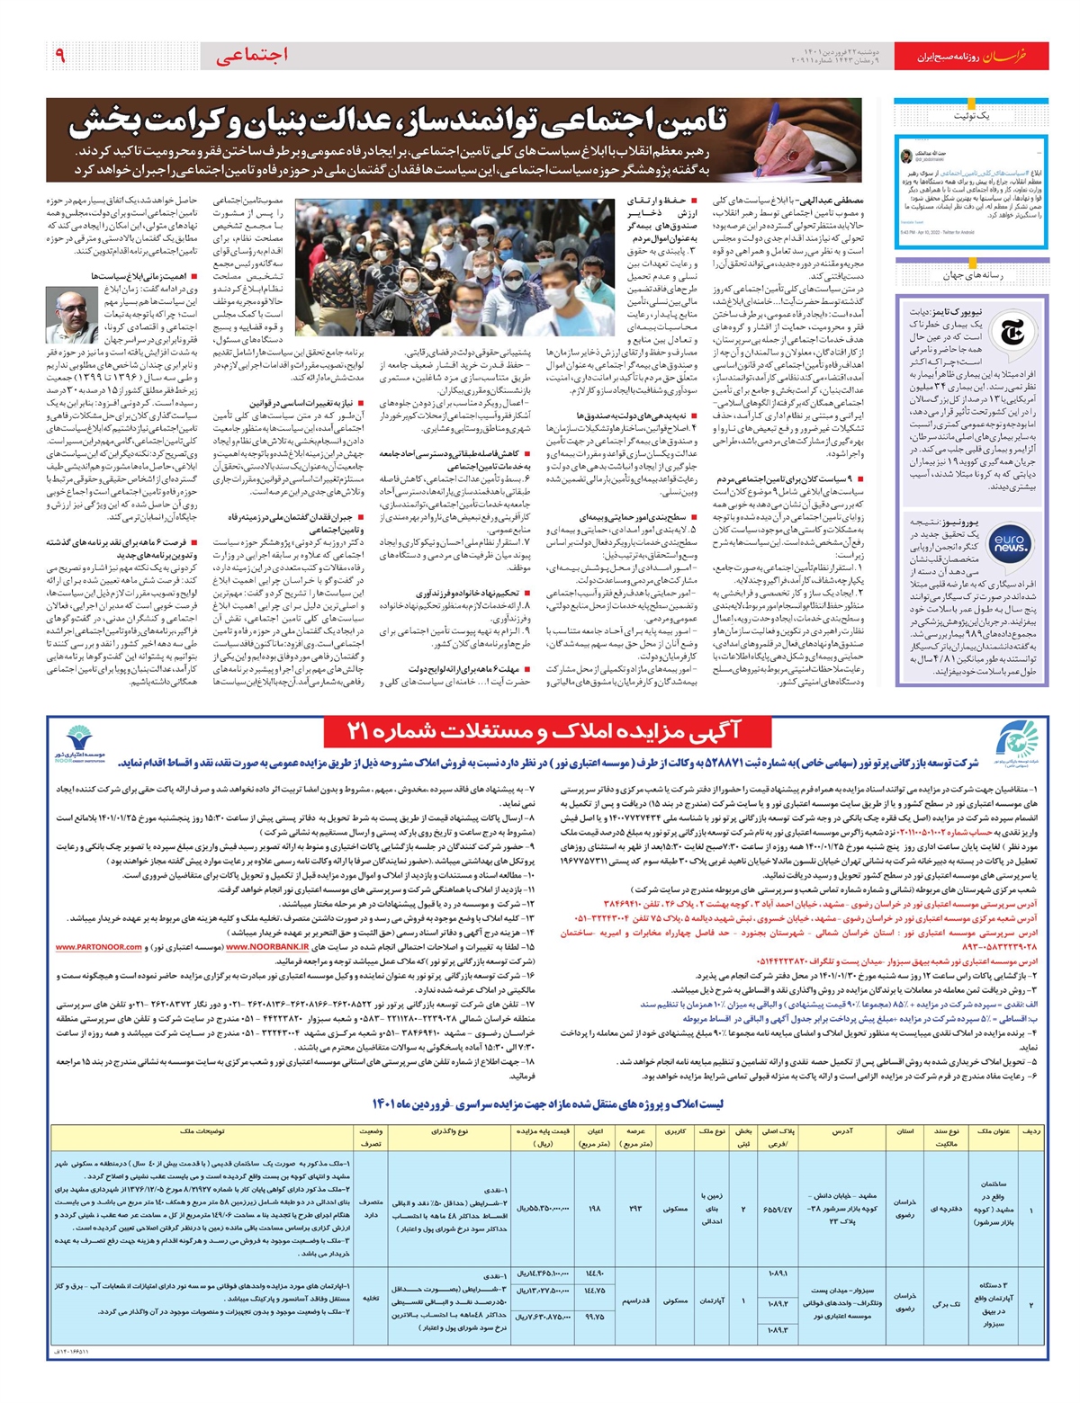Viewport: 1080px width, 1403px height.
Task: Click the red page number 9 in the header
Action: pyautogui.click(x=59, y=56)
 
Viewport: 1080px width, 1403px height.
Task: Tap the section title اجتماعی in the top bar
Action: pyautogui.click(x=253, y=56)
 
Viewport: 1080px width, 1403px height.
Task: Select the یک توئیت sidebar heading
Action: pyautogui.click(x=971, y=117)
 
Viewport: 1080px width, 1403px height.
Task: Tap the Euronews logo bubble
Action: pyautogui.click(x=1010, y=541)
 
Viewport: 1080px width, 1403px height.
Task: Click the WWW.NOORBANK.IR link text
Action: pyautogui.click(x=267, y=947)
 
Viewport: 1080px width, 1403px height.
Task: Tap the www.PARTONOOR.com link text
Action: pyautogui.click(x=99, y=947)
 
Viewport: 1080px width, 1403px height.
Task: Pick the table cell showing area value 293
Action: pyautogui.click(x=635, y=1207)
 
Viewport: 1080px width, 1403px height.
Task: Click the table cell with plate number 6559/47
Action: pyautogui.click(x=777, y=1209)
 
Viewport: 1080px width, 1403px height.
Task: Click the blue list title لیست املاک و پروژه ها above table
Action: pyautogui.click(x=548, y=1104)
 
